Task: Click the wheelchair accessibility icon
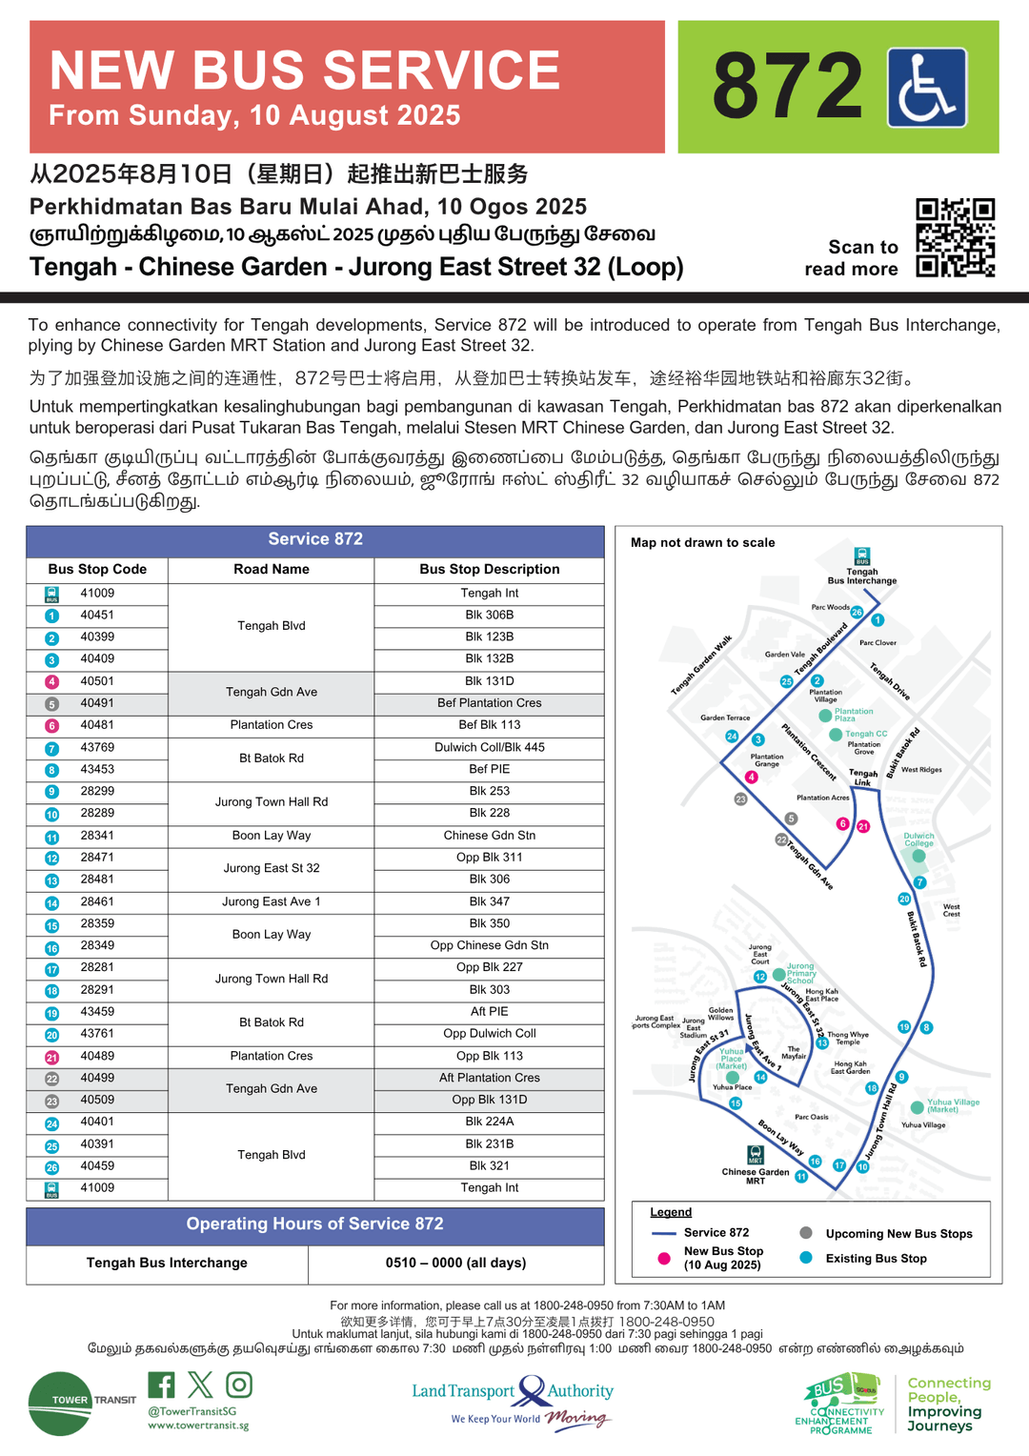tap(927, 88)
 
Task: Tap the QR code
tap(955, 237)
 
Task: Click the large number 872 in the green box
tap(787, 87)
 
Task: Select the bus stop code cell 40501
tap(97, 681)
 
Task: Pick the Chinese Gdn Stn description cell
tap(489, 836)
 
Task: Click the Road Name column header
tap(272, 569)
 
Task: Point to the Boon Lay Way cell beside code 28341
tap(272, 836)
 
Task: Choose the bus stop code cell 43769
tap(97, 748)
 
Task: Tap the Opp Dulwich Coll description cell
tap(489, 1034)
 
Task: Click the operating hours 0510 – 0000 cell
tap(455, 1263)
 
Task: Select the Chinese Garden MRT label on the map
tap(756, 1176)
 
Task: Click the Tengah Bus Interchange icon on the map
tap(861, 556)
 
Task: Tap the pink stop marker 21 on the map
tap(863, 826)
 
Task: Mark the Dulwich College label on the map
tap(918, 839)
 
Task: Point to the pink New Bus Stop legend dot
tap(663, 1259)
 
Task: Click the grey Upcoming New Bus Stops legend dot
tap(806, 1233)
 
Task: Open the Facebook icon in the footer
tap(161, 1385)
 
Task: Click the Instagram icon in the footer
tap(239, 1385)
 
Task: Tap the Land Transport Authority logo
tap(513, 1402)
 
